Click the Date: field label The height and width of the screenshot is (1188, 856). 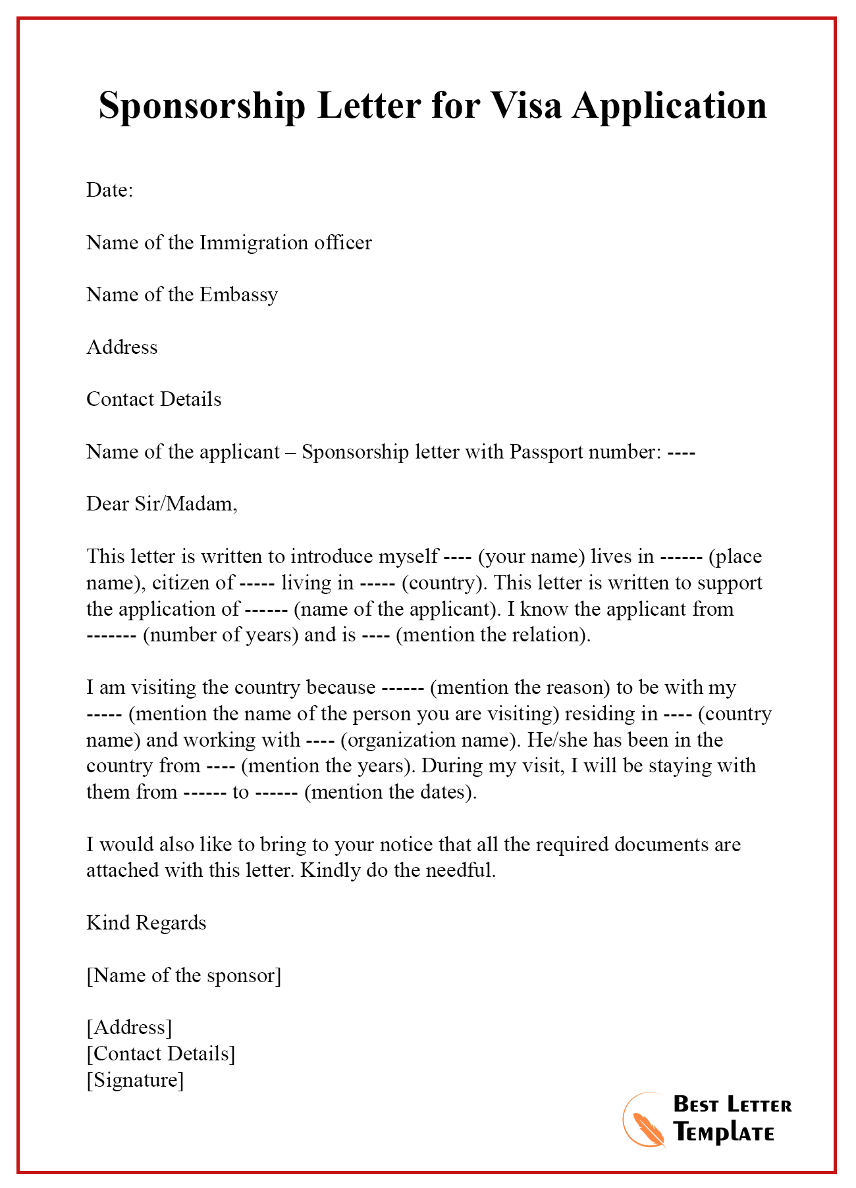pyautogui.click(x=110, y=190)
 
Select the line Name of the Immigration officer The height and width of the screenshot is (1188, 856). pyautogui.click(x=229, y=243)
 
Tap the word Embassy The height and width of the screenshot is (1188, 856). pyautogui.click(x=238, y=295)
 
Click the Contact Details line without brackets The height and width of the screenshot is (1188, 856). pyautogui.click(x=154, y=399)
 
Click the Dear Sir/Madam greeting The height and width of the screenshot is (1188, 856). pyautogui.click(x=162, y=504)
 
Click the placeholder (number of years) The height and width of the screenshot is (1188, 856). pyautogui.click(x=221, y=635)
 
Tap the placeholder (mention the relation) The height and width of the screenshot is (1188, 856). pyautogui.click(x=493, y=635)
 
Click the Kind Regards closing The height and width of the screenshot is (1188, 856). pyautogui.click(x=146, y=923)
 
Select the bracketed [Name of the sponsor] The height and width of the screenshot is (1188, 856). pyautogui.click(x=184, y=975)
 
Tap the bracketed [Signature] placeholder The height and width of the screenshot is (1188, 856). pyautogui.click(x=135, y=1079)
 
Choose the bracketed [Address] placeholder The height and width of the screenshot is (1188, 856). pyautogui.click(x=129, y=1027)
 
